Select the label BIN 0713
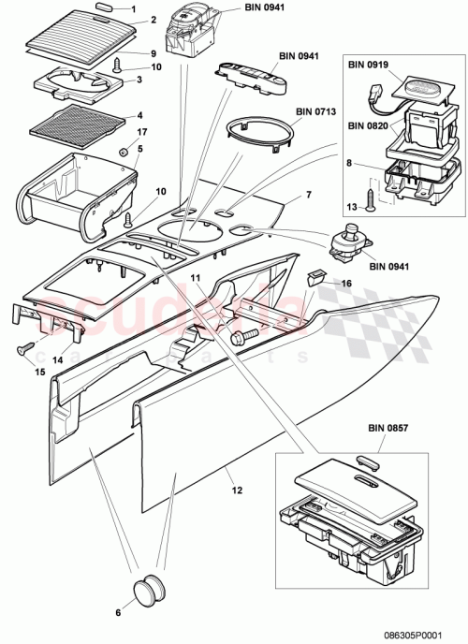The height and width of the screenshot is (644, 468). coord(314,110)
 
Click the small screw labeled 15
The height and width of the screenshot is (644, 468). coord(21,350)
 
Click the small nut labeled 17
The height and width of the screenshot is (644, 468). coord(123,151)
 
